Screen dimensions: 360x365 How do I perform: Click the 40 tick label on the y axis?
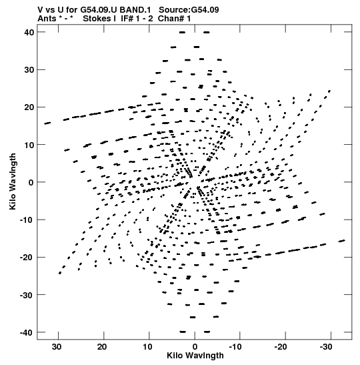(29, 32)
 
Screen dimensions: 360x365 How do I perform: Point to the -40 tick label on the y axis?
(27, 332)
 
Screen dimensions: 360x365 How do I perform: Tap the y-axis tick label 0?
(31, 182)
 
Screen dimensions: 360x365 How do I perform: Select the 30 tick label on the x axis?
(57, 347)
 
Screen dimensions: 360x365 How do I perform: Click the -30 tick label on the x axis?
(326, 347)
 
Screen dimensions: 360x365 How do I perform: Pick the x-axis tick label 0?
(195, 347)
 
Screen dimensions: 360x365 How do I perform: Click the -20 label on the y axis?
(27, 257)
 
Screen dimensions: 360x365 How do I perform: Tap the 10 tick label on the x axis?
(148, 347)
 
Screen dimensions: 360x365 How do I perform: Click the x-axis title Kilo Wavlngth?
(195, 356)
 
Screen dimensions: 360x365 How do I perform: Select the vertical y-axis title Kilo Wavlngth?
(13, 181)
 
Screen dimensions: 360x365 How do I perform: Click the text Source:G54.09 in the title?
(189, 10)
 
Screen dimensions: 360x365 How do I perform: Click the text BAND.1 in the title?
(135, 10)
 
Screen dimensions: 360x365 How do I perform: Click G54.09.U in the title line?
(99, 10)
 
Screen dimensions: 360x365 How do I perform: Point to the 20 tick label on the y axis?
(29, 107)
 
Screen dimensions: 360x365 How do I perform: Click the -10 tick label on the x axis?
(235, 347)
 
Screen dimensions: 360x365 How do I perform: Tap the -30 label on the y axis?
(27, 295)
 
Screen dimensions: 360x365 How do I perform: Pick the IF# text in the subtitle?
(127, 19)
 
